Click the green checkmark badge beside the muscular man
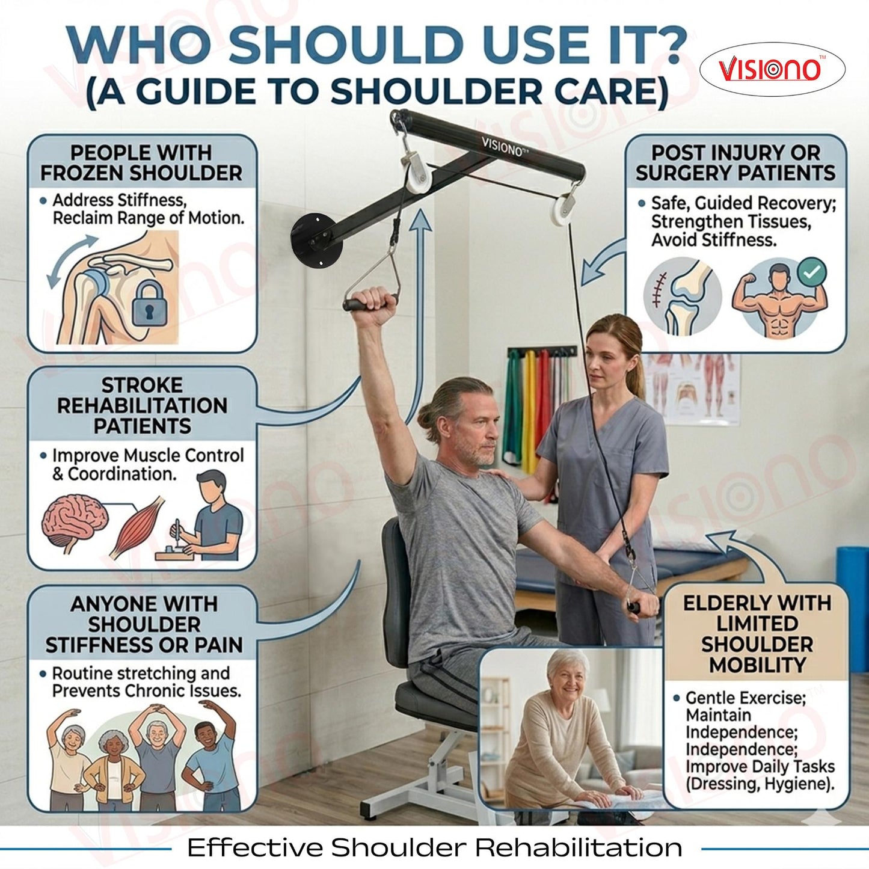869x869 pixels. tap(811, 272)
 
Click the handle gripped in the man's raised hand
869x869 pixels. tap(370, 303)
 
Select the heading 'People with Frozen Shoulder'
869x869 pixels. tap(141, 163)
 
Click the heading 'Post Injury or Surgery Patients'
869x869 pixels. tap(735, 163)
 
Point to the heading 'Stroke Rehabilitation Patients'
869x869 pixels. tap(143, 405)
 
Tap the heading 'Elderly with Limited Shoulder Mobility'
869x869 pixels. tap(757, 634)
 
